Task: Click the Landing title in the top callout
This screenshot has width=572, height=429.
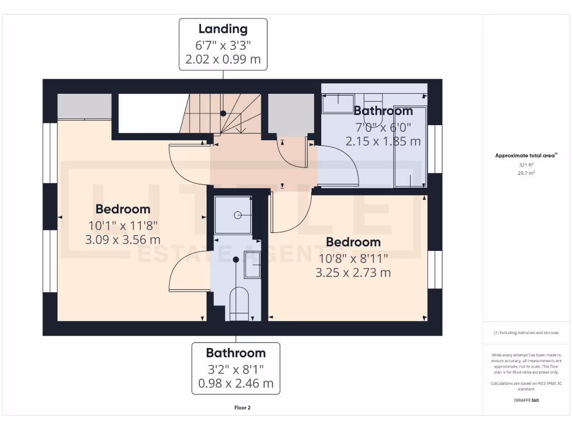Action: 223,29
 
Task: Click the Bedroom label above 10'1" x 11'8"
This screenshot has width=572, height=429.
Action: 123,209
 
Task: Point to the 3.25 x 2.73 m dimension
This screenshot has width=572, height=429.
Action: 353,273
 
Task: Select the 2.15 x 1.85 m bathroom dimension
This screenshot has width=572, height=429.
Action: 383,141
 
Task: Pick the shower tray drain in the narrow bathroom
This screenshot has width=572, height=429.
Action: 237,214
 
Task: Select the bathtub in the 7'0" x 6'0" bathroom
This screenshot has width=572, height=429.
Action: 409,146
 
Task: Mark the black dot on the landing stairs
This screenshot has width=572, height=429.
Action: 223,113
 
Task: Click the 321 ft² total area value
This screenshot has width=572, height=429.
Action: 526,165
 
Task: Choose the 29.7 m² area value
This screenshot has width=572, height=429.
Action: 526,173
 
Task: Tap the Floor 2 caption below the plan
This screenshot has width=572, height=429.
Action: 242,408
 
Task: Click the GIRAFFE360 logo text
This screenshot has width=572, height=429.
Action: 526,400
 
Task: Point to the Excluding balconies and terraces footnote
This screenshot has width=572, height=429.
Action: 526,332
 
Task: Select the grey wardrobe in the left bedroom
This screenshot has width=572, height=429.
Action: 84,106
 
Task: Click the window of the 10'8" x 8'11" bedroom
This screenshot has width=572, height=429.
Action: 435,270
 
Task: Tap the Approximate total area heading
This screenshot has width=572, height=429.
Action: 525,156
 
